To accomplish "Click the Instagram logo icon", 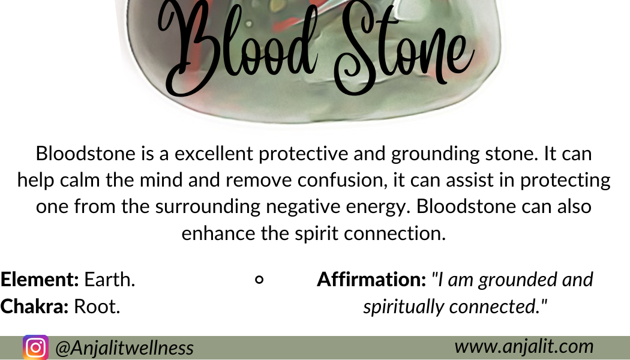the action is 35,347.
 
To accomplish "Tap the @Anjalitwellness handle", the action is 125,347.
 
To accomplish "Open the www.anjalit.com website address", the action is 524,346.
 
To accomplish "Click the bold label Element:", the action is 40,279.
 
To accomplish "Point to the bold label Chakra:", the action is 35,306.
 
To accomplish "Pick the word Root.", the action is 97,307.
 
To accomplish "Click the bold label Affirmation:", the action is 371,279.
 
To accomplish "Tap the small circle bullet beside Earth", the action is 260,279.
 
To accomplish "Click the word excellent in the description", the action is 214,154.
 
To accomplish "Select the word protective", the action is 304,154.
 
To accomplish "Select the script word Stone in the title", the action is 404,47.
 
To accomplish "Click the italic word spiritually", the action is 404,307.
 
